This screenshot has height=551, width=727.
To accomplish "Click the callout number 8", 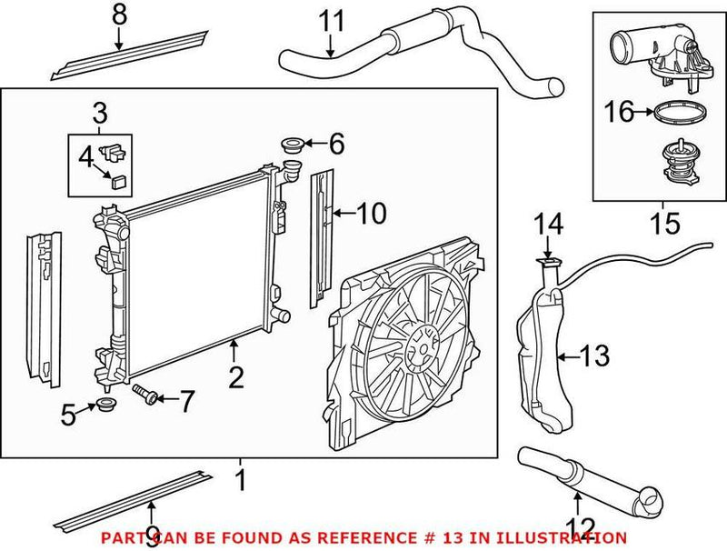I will [x=119, y=14].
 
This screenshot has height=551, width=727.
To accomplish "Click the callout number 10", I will [x=372, y=214].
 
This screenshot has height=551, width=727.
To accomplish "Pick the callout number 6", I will [x=336, y=143].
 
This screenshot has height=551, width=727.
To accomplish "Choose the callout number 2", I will [x=236, y=376].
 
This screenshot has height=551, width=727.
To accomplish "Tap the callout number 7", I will [x=186, y=401].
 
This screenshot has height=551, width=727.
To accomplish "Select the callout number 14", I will [x=549, y=224].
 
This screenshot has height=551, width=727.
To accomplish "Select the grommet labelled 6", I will [x=293, y=144].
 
